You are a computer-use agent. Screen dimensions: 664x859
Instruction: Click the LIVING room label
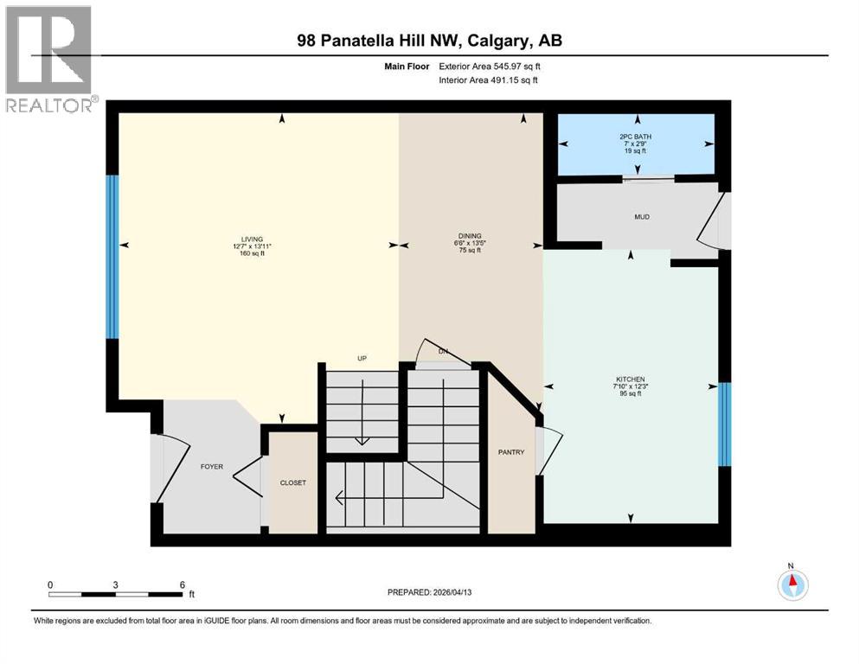[253, 239]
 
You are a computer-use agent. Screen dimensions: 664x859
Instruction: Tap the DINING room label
[470, 236]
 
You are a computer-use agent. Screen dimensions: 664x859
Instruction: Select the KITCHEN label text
[631, 380]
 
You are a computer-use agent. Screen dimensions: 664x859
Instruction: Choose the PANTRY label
[511, 452]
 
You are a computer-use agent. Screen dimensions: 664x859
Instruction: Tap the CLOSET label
[292, 482]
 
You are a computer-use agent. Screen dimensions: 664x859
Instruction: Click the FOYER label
[212, 467]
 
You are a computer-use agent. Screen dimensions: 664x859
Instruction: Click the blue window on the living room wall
[112, 256]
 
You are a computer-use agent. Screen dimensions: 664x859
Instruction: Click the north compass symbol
[792, 584]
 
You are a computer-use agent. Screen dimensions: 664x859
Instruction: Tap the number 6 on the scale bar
[183, 584]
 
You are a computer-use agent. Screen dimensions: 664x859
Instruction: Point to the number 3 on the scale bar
[116, 584]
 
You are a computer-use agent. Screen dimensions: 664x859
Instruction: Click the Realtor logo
[48, 58]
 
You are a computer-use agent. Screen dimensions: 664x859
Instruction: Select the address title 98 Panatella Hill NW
[429, 41]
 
